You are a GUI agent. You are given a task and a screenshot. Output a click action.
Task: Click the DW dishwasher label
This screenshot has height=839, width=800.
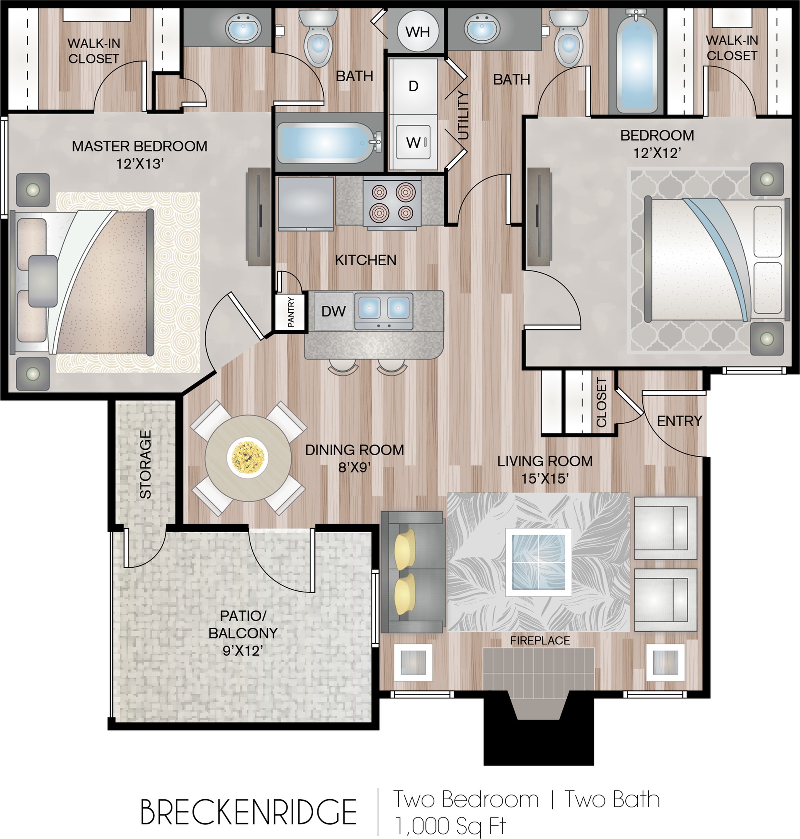tap(334, 311)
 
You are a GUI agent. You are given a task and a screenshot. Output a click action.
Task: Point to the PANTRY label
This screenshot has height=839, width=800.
tap(291, 311)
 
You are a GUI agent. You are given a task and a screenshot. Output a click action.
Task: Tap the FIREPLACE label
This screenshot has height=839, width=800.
tap(540, 641)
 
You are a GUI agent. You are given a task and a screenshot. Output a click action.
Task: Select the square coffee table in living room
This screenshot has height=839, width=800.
tap(538, 562)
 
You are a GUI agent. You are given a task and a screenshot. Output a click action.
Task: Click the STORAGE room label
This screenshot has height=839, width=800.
tap(145, 464)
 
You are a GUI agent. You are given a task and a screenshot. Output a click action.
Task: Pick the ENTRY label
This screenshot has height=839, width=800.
tap(679, 421)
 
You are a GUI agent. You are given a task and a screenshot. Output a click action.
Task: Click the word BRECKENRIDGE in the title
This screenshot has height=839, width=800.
tap(248, 812)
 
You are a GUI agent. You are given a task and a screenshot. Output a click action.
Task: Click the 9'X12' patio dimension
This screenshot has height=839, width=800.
tap(243, 650)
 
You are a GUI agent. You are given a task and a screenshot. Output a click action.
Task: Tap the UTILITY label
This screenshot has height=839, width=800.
tap(463, 115)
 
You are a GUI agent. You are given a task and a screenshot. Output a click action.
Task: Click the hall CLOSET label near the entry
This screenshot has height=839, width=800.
tap(601, 402)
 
